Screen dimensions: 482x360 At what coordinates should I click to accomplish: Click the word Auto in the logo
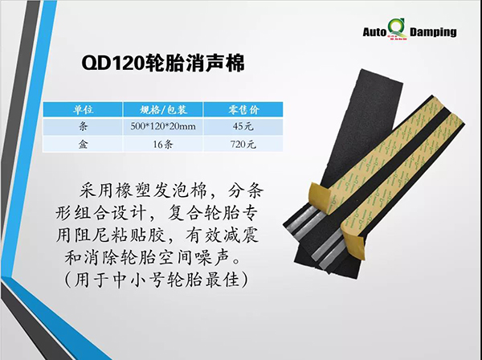(x=374, y=32)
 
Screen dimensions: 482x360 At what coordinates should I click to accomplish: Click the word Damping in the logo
(x=433, y=32)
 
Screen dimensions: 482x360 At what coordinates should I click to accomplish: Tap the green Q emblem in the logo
(x=397, y=30)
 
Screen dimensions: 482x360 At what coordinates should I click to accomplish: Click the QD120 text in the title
(x=112, y=63)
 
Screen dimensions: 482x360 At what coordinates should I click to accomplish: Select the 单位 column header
(x=83, y=110)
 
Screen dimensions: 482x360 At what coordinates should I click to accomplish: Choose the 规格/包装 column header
(x=163, y=110)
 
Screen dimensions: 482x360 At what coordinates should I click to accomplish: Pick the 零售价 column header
(x=243, y=110)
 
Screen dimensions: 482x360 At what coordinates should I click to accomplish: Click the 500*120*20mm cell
(x=163, y=126)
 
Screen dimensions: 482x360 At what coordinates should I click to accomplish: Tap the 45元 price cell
(x=243, y=126)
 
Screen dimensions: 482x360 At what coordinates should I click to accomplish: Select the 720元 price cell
(x=243, y=144)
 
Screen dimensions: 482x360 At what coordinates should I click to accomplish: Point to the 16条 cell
(x=163, y=144)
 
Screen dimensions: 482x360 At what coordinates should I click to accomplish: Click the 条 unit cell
(x=83, y=126)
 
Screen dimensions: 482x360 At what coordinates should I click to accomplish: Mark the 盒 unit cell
(x=83, y=144)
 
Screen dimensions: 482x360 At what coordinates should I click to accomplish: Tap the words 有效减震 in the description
(x=222, y=235)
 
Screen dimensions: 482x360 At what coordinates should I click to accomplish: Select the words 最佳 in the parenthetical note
(x=222, y=280)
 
